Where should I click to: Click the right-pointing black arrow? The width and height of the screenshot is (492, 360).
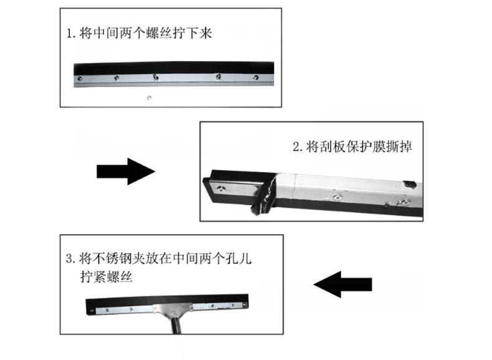(x=126, y=171)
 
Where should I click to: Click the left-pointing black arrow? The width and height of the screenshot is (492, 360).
(x=343, y=285)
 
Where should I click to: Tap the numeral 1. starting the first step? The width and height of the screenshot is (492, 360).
(x=71, y=33)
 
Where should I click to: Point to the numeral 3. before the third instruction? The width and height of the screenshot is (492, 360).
(x=70, y=258)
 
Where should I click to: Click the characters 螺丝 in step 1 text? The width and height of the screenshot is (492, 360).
(x=159, y=33)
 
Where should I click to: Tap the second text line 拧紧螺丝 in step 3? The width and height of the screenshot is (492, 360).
(x=106, y=277)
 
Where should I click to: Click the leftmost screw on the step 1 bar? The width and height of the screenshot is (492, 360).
(x=80, y=78)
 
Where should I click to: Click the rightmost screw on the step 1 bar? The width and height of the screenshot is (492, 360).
(x=256, y=77)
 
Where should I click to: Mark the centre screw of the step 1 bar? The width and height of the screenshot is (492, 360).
(x=155, y=77)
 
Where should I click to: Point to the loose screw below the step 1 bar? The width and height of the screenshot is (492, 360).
(x=149, y=98)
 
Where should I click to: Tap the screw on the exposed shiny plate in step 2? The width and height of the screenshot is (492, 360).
(x=222, y=188)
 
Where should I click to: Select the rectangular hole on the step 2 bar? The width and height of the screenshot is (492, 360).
(x=409, y=184)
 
